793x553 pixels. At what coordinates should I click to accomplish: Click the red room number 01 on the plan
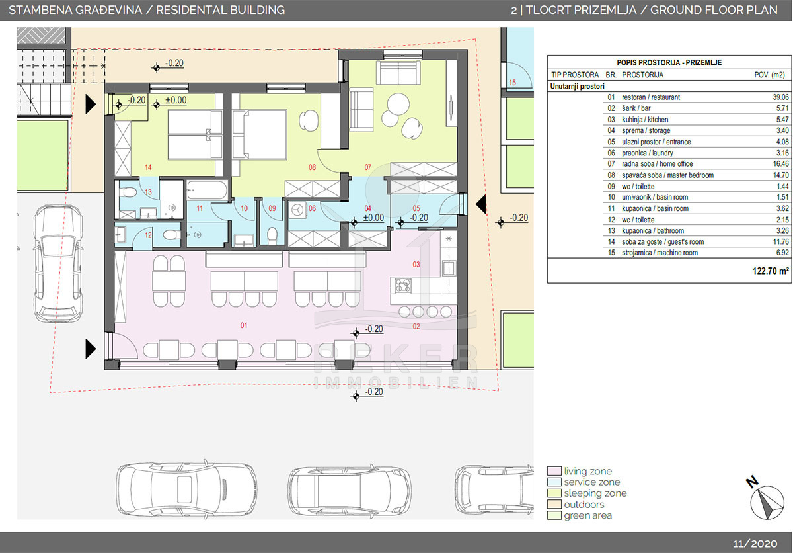244,325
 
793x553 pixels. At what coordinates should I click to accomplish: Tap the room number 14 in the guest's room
148,167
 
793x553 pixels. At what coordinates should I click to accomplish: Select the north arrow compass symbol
767,502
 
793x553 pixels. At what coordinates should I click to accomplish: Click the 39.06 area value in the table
780,97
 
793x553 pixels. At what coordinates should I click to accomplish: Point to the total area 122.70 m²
771,271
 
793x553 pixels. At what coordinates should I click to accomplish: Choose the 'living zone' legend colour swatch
554,471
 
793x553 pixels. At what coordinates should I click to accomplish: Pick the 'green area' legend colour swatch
554,515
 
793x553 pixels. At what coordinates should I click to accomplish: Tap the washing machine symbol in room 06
297,210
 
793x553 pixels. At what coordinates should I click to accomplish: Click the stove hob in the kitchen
403,286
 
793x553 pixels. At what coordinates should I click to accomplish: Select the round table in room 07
398,104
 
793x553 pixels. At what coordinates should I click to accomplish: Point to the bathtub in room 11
207,191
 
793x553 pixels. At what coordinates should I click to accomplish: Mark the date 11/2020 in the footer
755,544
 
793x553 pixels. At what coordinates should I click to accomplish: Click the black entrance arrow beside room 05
480,204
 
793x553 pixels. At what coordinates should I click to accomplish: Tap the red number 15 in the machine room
512,83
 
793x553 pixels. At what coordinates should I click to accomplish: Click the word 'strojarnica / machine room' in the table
660,253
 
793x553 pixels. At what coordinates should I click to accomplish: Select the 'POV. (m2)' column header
769,75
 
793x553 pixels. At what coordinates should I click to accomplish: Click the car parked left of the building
58,263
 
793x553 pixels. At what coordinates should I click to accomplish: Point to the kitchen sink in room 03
449,268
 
